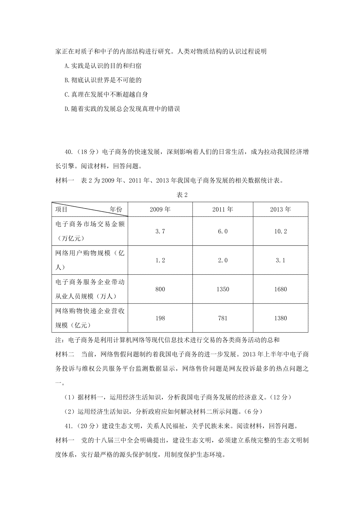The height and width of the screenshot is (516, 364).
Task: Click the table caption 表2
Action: tap(182, 195)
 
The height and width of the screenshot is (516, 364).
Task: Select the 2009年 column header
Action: tap(160, 209)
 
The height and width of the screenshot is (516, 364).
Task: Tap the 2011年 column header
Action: tap(223, 209)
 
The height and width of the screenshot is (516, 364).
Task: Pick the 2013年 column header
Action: tap(280, 209)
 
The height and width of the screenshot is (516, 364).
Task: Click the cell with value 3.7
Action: tap(160, 231)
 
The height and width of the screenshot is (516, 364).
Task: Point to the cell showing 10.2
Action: tap(280, 231)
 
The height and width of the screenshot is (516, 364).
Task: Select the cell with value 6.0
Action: tap(223, 231)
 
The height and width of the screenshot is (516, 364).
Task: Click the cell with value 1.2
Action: tap(160, 260)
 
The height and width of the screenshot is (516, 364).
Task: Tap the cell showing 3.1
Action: tap(280, 260)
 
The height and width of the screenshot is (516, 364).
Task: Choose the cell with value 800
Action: tap(160, 289)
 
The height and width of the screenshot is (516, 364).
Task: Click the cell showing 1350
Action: tap(223, 289)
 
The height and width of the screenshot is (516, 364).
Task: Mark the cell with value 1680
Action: tap(280, 289)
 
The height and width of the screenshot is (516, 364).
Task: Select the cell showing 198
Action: tap(160, 318)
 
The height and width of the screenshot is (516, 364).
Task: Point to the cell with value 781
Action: tap(223, 318)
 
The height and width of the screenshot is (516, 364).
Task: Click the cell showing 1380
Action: tap(280, 318)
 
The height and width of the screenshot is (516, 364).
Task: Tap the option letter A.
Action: tap(67, 66)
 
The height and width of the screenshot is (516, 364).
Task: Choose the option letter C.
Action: tap(67, 95)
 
